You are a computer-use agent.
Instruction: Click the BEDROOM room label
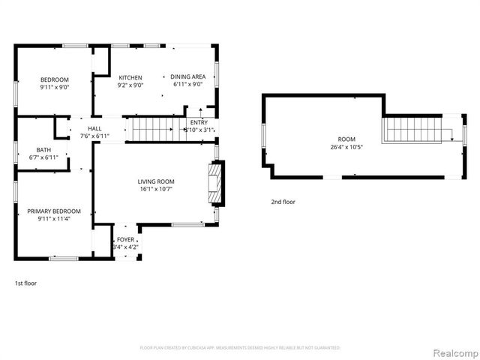(x=54, y=79)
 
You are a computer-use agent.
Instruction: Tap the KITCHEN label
(x=130, y=77)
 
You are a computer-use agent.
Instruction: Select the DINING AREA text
(x=187, y=76)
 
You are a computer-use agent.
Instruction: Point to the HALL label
(x=94, y=129)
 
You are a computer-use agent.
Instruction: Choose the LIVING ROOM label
(x=155, y=181)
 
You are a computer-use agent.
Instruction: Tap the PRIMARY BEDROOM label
(x=54, y=211)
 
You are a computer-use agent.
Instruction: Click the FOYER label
(x=125, y=239)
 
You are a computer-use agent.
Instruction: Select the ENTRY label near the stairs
(x=199, y=122)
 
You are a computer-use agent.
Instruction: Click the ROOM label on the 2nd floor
(x=346, y=139)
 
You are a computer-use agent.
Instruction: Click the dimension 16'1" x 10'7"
(x=155, y=189)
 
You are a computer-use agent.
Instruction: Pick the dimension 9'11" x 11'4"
(x=54, y=219)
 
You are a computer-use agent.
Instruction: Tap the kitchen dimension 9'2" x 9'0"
(x=130, y=85)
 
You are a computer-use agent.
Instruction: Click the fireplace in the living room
(x=215, y=184)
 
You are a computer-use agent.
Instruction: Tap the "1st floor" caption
(x=25, y=283)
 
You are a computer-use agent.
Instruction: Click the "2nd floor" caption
(x=283, y=202)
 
